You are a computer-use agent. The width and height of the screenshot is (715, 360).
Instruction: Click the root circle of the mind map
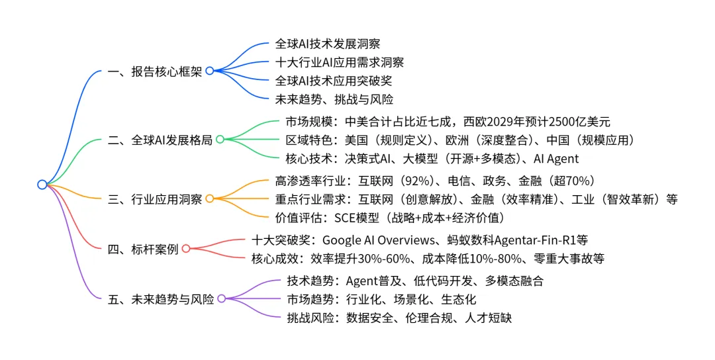tap(42, 185)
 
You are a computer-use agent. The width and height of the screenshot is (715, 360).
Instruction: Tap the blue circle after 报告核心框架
tap(210, 71)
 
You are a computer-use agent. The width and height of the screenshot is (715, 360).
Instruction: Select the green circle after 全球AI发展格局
tap(220, 139)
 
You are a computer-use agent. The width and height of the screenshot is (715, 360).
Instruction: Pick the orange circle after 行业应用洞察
tap(209, 199)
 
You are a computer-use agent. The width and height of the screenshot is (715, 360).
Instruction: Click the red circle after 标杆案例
tap(185, 248)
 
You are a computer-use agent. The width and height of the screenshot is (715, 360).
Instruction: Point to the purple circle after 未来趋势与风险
tap(221, 299)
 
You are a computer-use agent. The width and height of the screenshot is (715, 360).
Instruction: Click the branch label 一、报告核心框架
tap(155, 71)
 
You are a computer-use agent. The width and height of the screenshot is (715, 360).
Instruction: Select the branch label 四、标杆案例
tap(142, 249)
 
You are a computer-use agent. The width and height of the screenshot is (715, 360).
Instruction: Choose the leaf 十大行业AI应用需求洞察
tap(339, 63)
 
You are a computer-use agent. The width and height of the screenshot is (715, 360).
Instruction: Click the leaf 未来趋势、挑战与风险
tap(334, 100)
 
